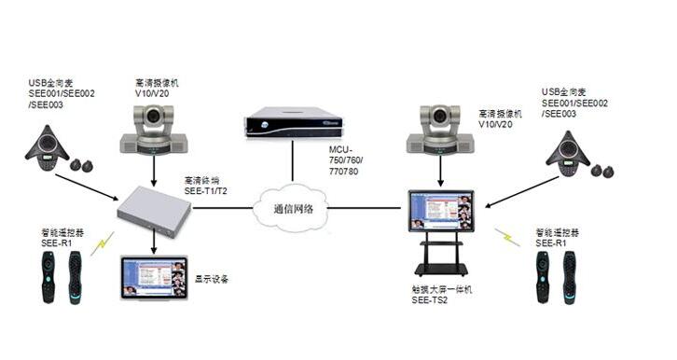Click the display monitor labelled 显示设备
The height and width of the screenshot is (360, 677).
tap(153, 277)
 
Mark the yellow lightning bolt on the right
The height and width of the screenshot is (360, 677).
tap(508, 237)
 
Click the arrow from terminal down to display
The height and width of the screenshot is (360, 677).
tap(154, 244)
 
